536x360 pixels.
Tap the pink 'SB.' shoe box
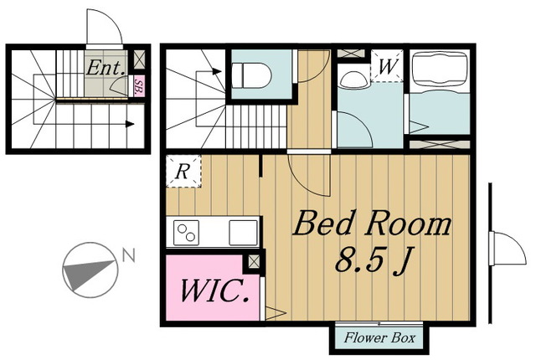[138, 86]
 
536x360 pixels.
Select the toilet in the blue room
[251, 75]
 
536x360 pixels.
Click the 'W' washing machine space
[387, 66]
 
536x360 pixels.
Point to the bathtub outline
[440, 71]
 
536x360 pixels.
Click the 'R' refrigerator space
[183, 171]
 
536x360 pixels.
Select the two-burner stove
[186, 233]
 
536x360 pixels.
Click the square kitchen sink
[243, 233]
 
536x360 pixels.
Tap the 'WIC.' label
[214, 291]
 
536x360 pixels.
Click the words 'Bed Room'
[372, 224]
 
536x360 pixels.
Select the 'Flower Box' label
[379, 337]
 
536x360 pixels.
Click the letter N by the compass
[129, 255]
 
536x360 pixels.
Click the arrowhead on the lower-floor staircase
[130, 124]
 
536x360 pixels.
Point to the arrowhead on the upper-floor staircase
[216, 71]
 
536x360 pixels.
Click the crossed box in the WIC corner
[254, 262]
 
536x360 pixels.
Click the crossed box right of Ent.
[139, 59]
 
